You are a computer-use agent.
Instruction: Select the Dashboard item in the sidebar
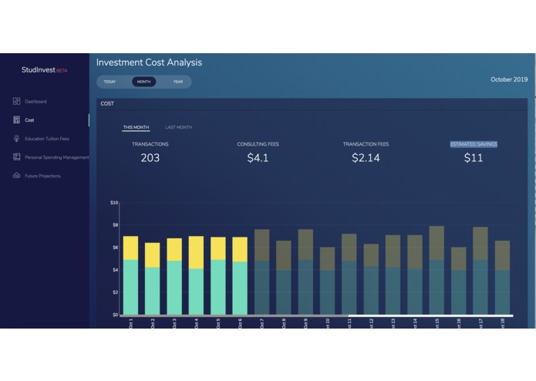point(35,102)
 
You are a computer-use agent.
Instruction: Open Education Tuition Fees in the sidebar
point(46,139)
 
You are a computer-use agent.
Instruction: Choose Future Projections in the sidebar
point(42,176)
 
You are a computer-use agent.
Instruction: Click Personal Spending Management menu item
point(56,157)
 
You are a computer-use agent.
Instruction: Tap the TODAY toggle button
point(110,82)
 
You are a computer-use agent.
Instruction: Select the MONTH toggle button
point(143,82)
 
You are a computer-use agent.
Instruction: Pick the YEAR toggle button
point(178,82)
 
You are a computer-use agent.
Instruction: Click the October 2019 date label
point(509,79)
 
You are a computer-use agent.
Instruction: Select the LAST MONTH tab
point(179,127)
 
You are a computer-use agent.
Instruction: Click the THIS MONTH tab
point(137,127)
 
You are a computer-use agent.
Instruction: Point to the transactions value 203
point(150,158)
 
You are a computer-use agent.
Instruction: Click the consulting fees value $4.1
point(258,158)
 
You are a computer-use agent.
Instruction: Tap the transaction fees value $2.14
point(366,158)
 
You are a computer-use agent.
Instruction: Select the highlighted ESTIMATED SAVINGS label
point(474,144)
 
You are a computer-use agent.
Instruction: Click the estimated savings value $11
point(474,158)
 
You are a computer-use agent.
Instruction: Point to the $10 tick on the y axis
point(114,203)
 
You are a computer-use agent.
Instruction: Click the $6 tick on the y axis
point(114,248)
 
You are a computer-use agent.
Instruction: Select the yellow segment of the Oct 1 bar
point(130,248)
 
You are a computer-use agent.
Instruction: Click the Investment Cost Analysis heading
point(149,62)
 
